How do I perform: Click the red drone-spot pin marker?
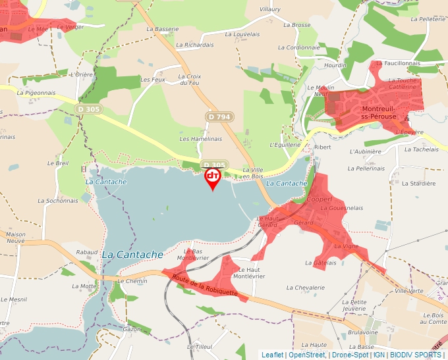click(212, 177)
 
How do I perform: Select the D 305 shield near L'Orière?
click(88, 109)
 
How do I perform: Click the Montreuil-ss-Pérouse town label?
click(378, 112)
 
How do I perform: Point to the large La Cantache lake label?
click(132, 254)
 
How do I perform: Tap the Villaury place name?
click(270, 9)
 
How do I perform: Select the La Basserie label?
click(163, 29)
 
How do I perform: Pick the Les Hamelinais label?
click(201, 139)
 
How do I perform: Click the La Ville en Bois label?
click(253, 173)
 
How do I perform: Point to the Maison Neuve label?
click(15, 238)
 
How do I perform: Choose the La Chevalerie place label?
click(306, 288)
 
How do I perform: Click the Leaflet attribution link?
click(273, 355)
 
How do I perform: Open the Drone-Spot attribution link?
click(350, 355)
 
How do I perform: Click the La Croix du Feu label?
click(189, 80)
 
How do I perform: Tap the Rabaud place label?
click(87, 252)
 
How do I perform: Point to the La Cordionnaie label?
click(298, 47)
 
